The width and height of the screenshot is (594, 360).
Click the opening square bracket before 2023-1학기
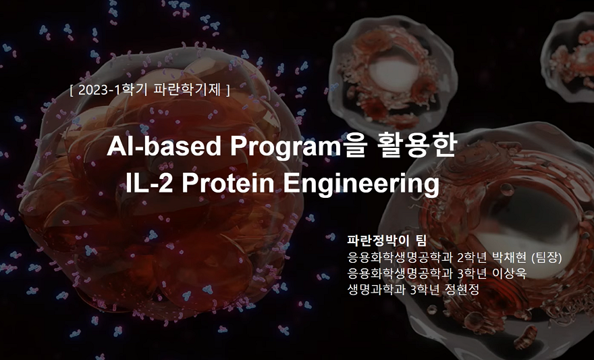pos(72,89)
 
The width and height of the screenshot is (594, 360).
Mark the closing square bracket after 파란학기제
pos(228,89)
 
